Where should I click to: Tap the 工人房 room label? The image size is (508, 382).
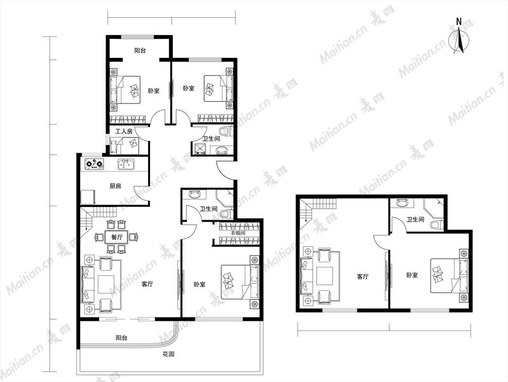(x=124, y=131)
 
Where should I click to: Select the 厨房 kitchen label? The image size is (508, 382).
(x=115, y=186)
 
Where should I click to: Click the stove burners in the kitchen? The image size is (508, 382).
(x=94, y=164)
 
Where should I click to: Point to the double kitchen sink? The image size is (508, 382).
(x=127, y=164)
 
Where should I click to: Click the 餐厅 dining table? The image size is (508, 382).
(x=116, y=237)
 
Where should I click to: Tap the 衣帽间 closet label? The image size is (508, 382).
(x=238, y=233)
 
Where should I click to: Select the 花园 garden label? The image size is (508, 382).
(x=168, y=353)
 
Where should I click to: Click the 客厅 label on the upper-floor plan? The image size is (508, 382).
(x=362, y=277)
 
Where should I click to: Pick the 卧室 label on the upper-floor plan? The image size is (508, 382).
(x=412, y=275)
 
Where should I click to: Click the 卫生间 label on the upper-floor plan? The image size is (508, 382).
(x=415, y=220)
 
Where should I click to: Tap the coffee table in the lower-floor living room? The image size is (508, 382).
(x=106, y=285)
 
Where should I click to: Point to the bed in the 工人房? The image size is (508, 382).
(x=125, y=145)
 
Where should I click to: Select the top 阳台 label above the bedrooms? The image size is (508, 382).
(x=140, y=50)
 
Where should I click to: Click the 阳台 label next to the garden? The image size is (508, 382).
(x=121, y=337)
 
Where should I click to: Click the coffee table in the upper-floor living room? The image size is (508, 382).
(x=325, y=276)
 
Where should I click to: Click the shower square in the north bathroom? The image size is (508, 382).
(x=199, y=148)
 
